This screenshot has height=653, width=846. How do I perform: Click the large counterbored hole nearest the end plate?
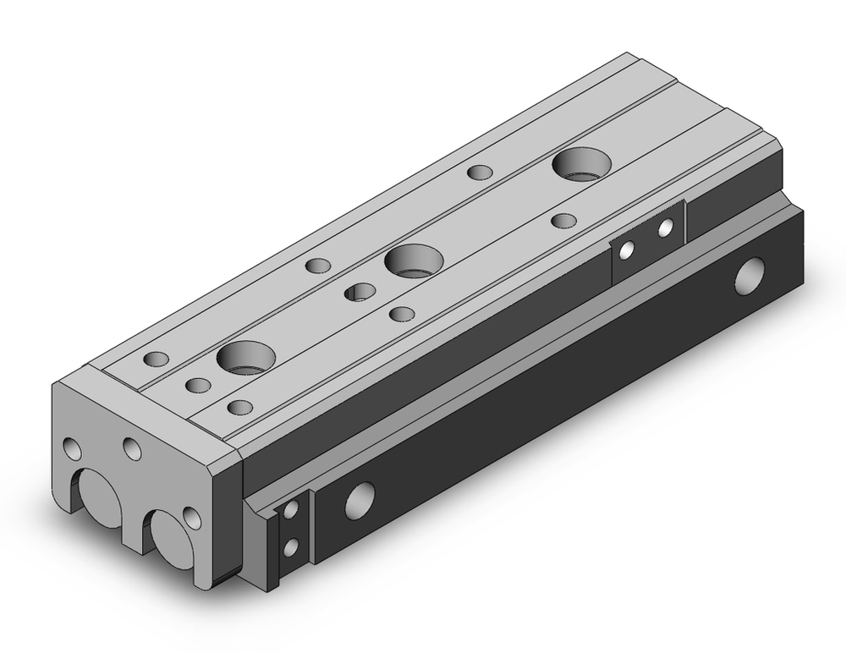pos(246,357)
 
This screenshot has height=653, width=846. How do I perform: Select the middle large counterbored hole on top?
pos(414,260)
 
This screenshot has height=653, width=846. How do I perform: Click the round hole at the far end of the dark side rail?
pos(749,278)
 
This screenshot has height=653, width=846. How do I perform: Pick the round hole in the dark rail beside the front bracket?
pos(359,501)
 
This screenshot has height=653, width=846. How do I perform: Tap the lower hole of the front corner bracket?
pos(291,547)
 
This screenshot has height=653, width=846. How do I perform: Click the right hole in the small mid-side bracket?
pos(666,226)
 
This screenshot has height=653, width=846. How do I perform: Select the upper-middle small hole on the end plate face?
pos(131,447)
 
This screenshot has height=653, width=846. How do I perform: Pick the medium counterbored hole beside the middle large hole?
pos(361,293)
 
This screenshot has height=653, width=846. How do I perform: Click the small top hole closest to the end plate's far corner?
pos(157,358)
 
